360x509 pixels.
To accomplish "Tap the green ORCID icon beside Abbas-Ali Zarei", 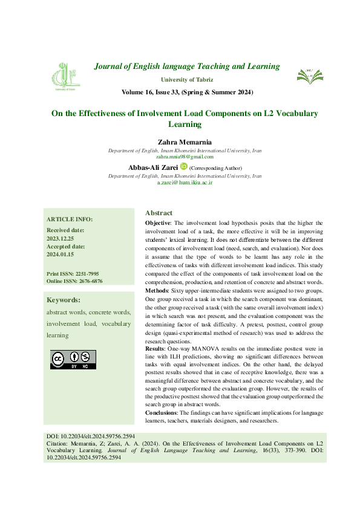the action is coord(184,166).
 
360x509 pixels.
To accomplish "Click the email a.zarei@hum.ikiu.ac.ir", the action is coord(185,182).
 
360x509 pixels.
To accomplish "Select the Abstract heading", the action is coord(159,213).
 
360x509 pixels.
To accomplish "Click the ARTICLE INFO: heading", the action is coord(70,219).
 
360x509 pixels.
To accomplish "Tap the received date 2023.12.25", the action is coord(61,238).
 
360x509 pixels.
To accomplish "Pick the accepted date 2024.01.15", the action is coord(61,254).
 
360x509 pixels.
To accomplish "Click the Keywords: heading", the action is coord(64,300).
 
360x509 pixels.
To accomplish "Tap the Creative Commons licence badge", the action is coord(73,359).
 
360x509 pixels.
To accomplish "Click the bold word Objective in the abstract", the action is coord(158,223).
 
